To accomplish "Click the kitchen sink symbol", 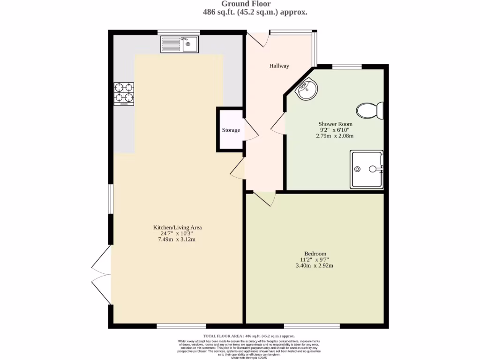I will pyautogui.click(x=180, y=45).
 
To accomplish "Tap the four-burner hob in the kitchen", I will pyautogui.click(x=124, y=93).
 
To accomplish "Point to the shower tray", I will pyautogui.click(x=367, y=169).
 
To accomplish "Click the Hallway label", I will pyautogui.click(x=279, y=66).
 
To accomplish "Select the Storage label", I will pyautogui.click(x=231, y=130).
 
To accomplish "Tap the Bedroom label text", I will pyautogui.click(x=315, y=254).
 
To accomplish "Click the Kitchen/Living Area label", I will pyautogui.click(x=178, y=227).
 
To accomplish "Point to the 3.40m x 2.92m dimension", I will pyautogui.click(x=315, y=266).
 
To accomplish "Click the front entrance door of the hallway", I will pyautogui.click(x=257, y=39).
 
